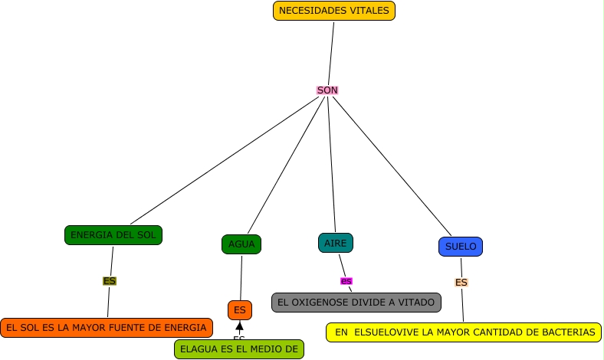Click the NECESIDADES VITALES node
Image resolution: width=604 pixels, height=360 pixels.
(334, 11)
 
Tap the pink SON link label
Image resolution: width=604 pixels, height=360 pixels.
(327, 90)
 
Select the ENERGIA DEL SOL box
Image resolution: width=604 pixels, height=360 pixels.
(113, 235)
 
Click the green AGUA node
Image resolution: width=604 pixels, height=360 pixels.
(241, 244)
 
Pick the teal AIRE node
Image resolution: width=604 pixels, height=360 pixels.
(336, 243)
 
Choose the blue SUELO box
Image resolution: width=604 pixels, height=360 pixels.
(461, 247)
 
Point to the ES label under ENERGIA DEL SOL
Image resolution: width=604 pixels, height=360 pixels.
(110, 281)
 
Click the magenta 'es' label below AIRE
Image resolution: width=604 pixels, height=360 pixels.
(346, 281)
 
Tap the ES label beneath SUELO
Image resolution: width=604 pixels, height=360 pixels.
(461, 283)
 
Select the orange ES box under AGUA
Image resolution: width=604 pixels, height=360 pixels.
(240, 310)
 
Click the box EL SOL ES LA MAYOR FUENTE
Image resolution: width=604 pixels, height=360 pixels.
(107, 328)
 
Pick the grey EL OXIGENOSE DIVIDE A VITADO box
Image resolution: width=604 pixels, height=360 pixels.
(356, 303)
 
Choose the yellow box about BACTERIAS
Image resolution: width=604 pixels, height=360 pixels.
(464, 332)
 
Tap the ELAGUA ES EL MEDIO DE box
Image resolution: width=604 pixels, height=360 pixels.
(238, 349)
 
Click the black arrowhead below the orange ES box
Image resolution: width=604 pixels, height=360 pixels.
(239, 326)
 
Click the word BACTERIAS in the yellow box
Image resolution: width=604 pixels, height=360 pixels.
(568, 332)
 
